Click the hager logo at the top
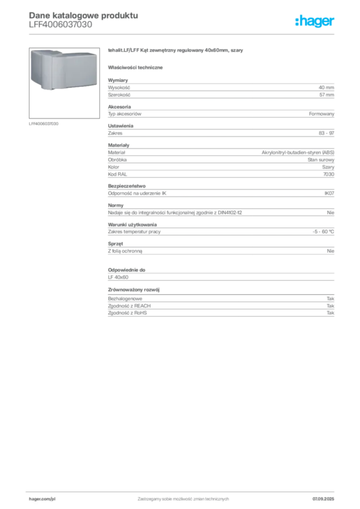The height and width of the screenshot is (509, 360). [315, 21]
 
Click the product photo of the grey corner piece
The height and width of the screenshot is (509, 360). [64, 83]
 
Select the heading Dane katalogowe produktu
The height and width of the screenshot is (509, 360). [84, 15]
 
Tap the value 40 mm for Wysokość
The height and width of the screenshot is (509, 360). [326, 87]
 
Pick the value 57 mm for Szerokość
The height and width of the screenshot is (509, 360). [327, 95]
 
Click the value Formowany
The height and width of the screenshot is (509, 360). [321, 114]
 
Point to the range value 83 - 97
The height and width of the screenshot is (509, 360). [326, 133]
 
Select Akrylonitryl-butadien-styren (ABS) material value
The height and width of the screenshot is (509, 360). [298, 152]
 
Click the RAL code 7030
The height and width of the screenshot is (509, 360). [329, 174]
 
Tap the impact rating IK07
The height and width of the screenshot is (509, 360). [329, 193]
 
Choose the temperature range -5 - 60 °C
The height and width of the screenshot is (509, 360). [323, 232]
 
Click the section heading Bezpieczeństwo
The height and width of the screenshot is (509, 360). [127, 186]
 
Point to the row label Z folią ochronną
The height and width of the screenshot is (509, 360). [125, 251]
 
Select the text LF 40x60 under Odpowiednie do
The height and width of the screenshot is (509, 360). [118, 277]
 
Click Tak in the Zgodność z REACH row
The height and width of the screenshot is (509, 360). [331, 306]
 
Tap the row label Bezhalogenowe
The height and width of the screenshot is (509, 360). [125, 299]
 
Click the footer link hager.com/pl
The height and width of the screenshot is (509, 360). [42, 499]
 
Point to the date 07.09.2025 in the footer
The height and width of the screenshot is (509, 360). [323, 499]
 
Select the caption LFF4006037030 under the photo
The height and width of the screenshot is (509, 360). [44, 124]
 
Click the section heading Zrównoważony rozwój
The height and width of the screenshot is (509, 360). [134, 290]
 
